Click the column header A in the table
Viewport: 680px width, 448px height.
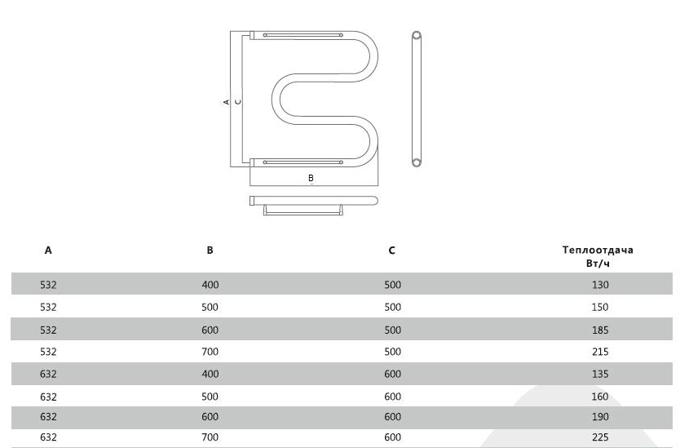click(x=48, y=250)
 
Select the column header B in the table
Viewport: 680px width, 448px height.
click(x=210, y=250)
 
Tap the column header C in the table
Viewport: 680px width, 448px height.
click(x=391, y=250)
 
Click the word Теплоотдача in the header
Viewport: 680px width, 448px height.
click(x=598, y=250)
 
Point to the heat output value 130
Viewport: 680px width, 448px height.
click(x=600, y=285)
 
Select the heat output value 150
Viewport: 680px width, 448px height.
click(x=600, y=307)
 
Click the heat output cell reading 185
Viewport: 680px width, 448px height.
click(x=600, y=330)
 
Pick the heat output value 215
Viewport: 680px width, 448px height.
click(x=600, y=352)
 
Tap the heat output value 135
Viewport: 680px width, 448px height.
click(x=600, y=374)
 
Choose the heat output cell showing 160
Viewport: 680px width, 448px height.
click(x=600, y=397)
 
